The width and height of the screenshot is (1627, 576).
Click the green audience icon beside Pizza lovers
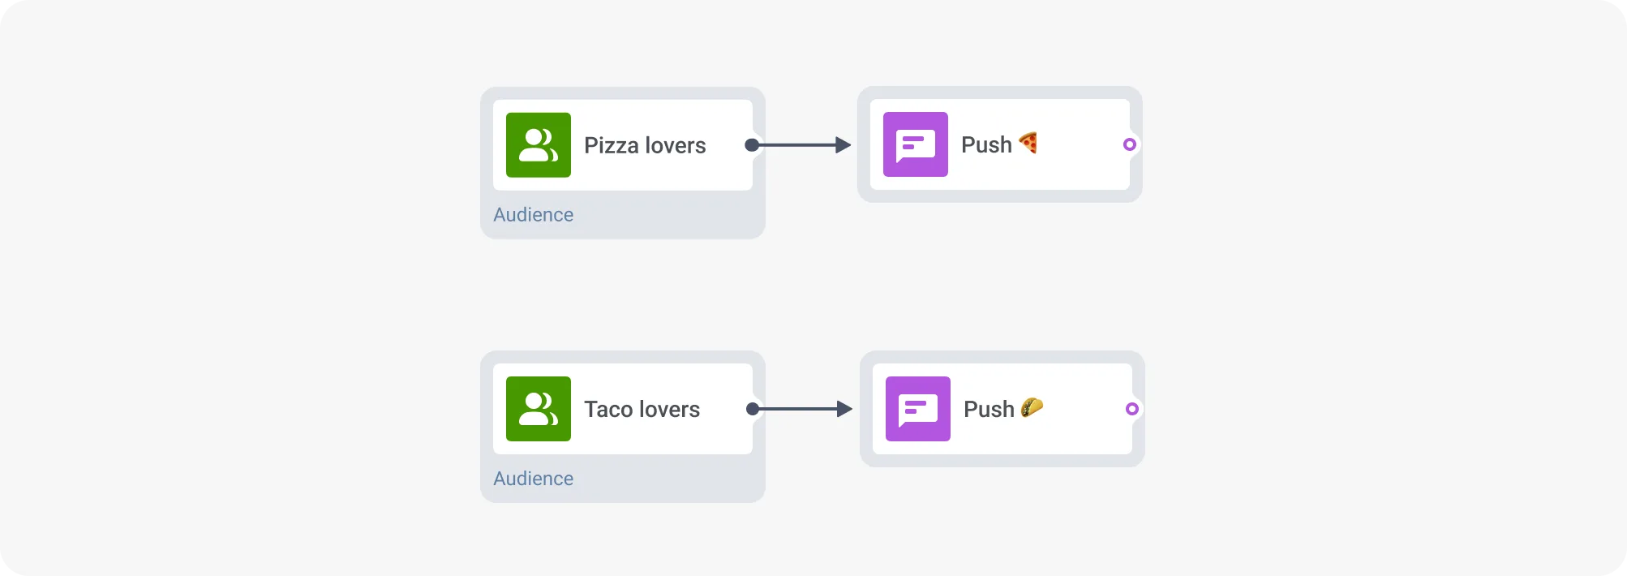click(x=538, y=145)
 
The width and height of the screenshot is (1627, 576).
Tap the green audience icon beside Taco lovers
click(x=538, y=409)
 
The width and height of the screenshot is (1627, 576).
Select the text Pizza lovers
click(x=645, y=146)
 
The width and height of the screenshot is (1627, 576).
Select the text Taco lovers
click(x=642, y=410)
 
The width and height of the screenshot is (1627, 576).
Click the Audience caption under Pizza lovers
click(x=533, y=215)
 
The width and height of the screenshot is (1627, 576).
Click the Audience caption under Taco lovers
click(x=533, y=479)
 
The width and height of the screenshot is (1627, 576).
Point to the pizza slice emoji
click(x=1028, y=143)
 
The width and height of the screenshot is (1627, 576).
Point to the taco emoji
click(x=1032, y=407)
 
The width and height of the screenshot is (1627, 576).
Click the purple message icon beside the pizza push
click(x=915, y=144)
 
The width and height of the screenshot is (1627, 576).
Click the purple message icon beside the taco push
click(x=917, y=409)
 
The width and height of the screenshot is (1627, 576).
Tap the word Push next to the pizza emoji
click(x=986, y=145)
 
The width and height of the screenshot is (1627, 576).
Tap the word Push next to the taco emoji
click(x=989, y=410)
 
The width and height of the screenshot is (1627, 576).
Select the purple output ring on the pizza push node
click(x=1130, y=144)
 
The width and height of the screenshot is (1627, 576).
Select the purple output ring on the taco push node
click(x=1132, y=409)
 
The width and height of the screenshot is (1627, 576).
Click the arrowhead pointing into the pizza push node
click(x=844, y=145)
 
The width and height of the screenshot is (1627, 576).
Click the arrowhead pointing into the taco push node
click(x=844, y=409)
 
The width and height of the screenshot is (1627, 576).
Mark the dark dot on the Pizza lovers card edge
click(x=752, y=145)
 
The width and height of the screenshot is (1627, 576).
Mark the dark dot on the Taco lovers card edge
click(x=753, y=409)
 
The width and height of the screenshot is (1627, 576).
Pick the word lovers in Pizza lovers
click(x=675, y=146)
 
